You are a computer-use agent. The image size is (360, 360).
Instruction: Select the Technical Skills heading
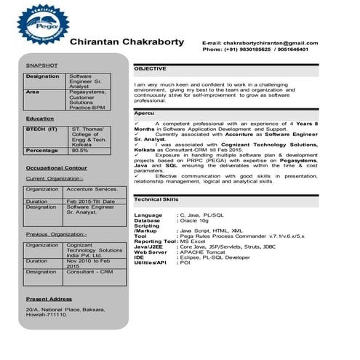pos(156,199)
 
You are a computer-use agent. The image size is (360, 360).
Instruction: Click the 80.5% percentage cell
pos(80,151)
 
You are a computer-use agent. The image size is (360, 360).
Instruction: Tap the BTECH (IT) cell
pos(41,128)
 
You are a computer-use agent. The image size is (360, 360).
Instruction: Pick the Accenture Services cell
pos(92,189)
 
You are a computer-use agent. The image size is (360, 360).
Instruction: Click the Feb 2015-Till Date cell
pos(91,201)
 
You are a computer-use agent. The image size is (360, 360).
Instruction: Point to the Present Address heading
pos(49,299)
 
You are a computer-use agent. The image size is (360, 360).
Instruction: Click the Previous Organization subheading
pos(55,234)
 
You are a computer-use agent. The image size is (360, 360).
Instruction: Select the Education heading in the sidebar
pos(39,118)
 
